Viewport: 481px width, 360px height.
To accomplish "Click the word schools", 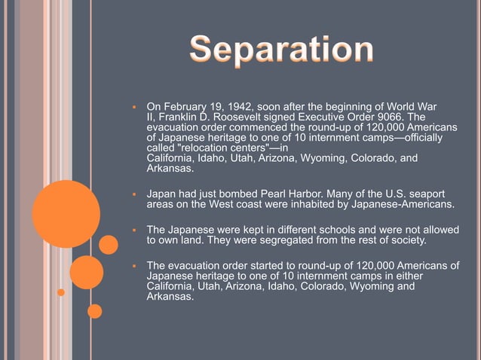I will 324,229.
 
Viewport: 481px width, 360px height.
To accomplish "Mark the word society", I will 405,240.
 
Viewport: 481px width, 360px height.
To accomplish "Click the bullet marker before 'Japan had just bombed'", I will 133,194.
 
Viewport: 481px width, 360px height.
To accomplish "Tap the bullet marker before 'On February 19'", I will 133,105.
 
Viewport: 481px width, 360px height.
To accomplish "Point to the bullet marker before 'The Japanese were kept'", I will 133,230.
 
